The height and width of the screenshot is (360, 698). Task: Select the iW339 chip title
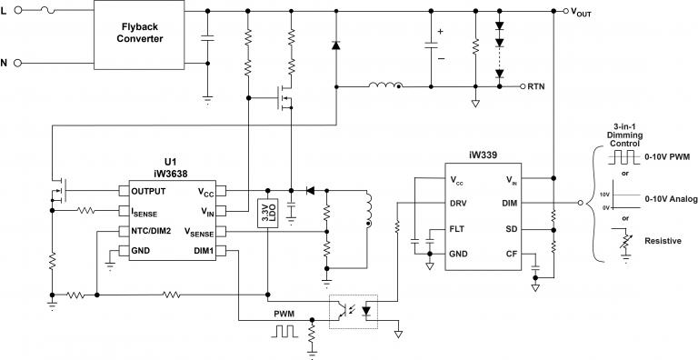pyautogui.click(x=482, y=155)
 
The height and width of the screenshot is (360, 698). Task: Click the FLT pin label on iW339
pyautogui.click(x=458, y=230)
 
